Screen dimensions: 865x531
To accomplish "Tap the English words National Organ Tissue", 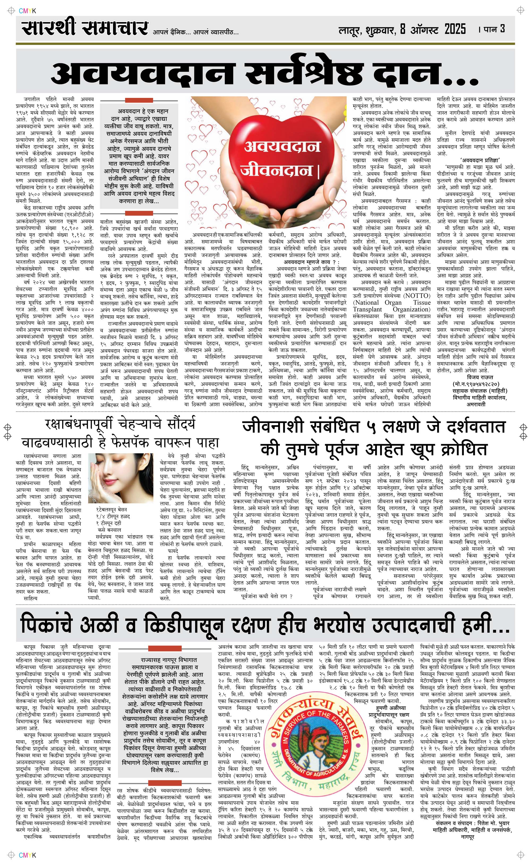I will point(392,302).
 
